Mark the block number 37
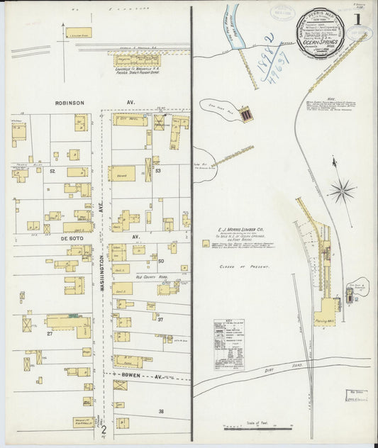(160, 319)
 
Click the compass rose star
(342, 190)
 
